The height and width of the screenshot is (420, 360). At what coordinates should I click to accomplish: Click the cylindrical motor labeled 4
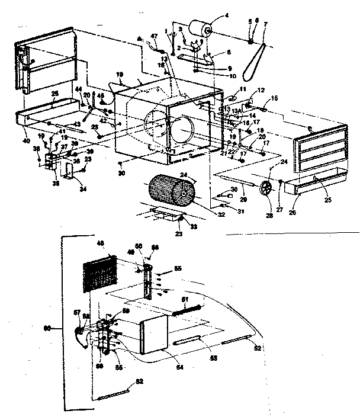tap(198, 30)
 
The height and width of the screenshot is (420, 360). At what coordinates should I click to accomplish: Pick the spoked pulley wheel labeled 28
tap(267, 190)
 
